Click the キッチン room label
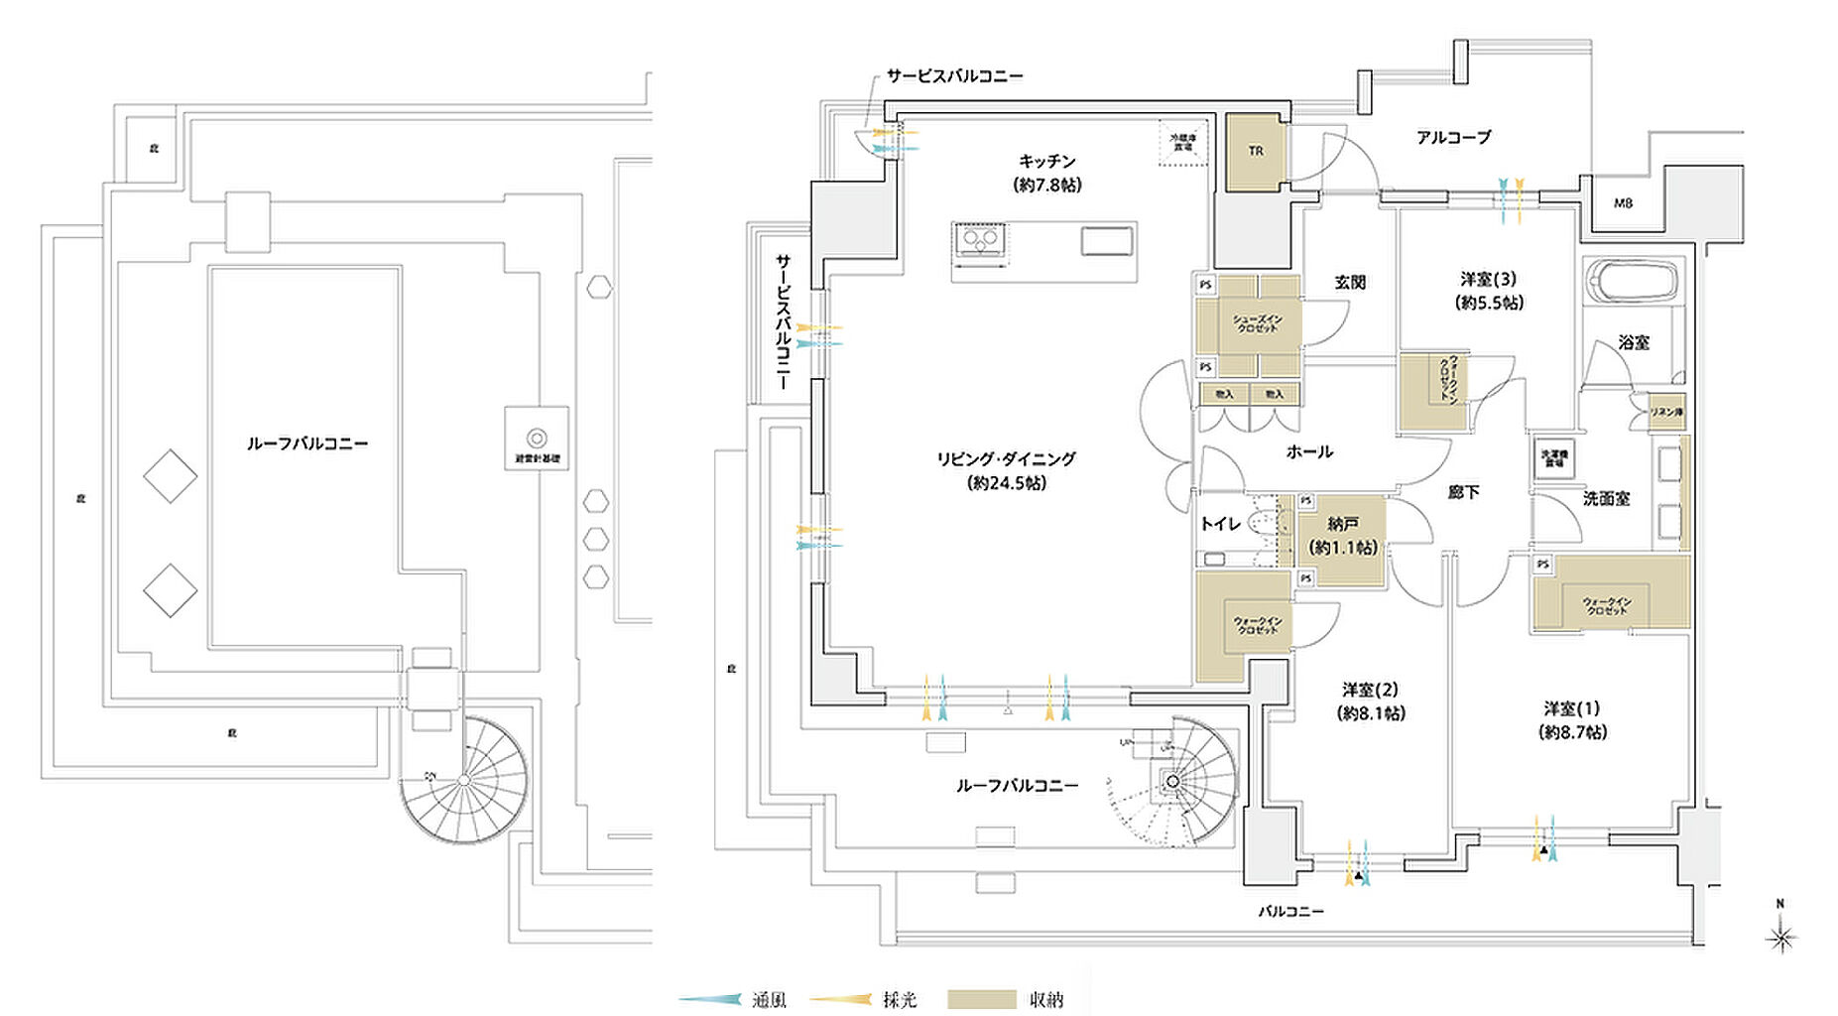click(x=1046, y=161)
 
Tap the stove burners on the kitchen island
click(x=979, y=240)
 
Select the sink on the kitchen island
click(x=1106, y=241)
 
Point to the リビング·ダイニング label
click(x=1006, y=459)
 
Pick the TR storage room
click(x=1256, y=152)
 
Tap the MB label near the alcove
click(x=1623, y=203)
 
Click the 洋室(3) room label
click(x=1488, y=280)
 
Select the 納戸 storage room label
click(x=1343, y=524)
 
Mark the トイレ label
click(x=1219, y=524)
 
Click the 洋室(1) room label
click(x=1571, y=708)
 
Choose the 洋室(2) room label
click(x=1370, y=690)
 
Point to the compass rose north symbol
click(x=1781, y=935)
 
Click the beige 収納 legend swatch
click(x=981, y=1000)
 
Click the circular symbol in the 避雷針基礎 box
click(x=537, y=438)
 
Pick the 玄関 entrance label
click(x=1350, y=283)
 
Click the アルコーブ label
click(x=1453, y=138)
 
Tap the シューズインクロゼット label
click(x=1257, y=323)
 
